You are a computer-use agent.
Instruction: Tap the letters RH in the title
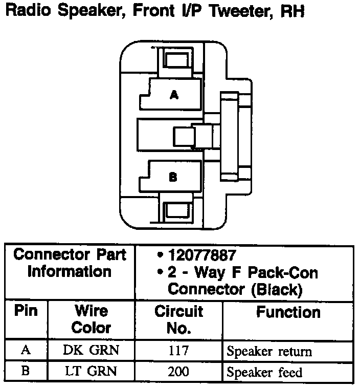pos(292,12)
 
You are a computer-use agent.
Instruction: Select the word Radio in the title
pos(30,12)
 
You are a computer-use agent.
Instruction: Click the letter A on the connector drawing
pos(174,95)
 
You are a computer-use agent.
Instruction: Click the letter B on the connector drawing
pos(173,178)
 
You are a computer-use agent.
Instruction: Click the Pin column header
pos(26,311)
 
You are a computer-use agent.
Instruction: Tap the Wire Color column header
pos(92,318)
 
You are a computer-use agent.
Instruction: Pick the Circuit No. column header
pos(178,319)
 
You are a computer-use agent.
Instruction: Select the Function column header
pos(288,312)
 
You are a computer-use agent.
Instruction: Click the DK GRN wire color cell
pos(92,351)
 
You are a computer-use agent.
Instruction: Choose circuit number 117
pos(178,351)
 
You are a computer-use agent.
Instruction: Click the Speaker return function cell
pos(269,352)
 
